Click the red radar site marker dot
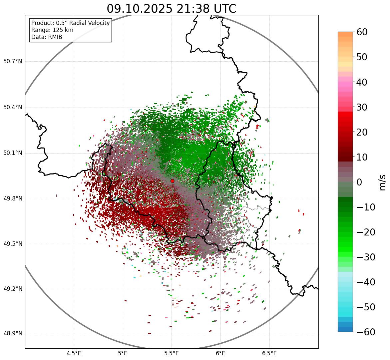173,181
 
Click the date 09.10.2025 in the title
139,9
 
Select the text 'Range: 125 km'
52,30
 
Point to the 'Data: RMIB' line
47,37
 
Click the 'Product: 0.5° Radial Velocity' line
70,23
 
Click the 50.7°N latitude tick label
13,62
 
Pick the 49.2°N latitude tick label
13,289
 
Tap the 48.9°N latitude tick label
13,334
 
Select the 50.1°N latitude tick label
13,153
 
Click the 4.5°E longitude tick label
74,353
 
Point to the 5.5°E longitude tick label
172,353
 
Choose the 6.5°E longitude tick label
269,353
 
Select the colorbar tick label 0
359,182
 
